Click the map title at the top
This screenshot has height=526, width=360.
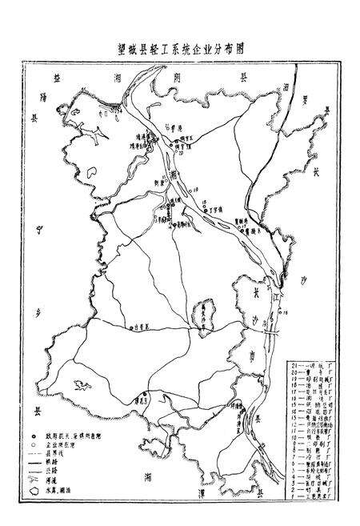[x=179, y=47]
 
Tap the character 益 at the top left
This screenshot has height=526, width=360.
[x=57, y=78]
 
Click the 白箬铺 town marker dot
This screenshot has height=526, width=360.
[x=131, y=327]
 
